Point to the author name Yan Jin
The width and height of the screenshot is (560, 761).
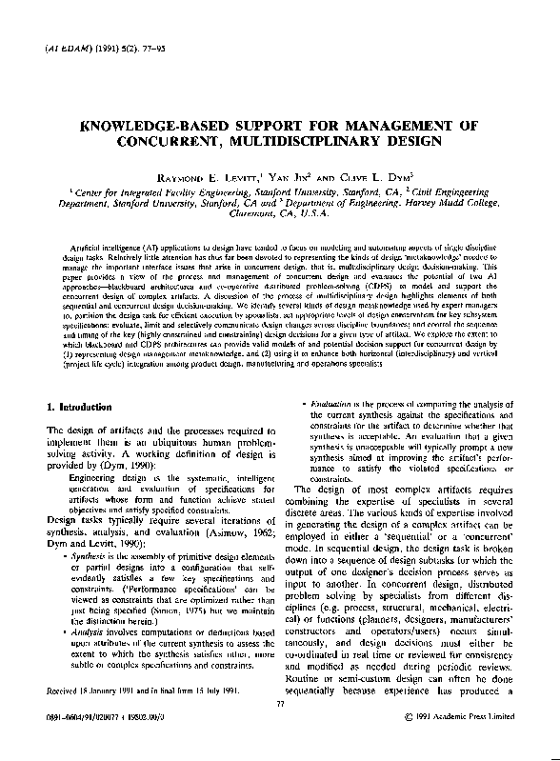(x=291, y=177)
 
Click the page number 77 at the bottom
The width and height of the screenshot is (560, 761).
(x=279, y=731)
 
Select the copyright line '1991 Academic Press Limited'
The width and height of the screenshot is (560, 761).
(x=466, y=744)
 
